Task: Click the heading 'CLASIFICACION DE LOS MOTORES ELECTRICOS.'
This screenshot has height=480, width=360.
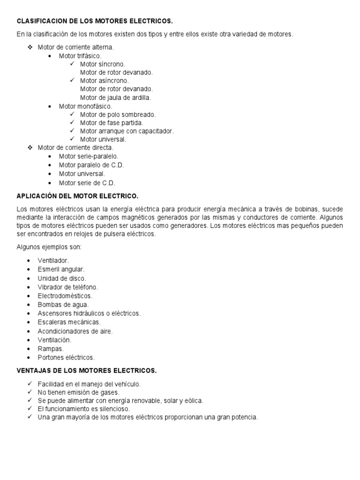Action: [x=95, y=21]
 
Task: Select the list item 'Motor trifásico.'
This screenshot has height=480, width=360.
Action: [x=80, y=56]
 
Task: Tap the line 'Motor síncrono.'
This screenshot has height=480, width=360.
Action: [x=103, y=64]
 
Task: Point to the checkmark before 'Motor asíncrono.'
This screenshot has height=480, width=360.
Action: [x=72, y=81]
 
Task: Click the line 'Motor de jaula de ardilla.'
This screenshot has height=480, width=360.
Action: [x=115, y=97]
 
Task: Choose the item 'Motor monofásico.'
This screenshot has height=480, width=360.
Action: [x=85, y=106]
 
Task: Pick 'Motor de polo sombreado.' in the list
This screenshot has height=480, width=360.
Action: [x=118, y=114]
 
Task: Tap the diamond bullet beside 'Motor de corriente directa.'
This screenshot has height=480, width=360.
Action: [x=30, y=148]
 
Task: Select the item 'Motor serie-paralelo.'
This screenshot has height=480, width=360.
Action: [x=89, y=156]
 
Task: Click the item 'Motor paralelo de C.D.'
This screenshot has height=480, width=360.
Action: [x=91, y=165]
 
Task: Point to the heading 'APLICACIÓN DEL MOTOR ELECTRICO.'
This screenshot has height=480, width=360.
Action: [x=77, y=195]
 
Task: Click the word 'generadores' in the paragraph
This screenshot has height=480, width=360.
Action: [x=190, y=225]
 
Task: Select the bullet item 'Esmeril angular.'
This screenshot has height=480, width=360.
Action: [x=61, y=269]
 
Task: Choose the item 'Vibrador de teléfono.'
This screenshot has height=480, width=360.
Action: [x=68, y=287]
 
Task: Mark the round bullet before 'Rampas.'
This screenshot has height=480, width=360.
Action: [x=30, y=349]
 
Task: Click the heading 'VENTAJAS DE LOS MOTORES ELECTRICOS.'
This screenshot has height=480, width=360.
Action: [x=87, y=370]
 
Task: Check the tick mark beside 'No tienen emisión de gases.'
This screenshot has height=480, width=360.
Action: [x=30, y=392]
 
